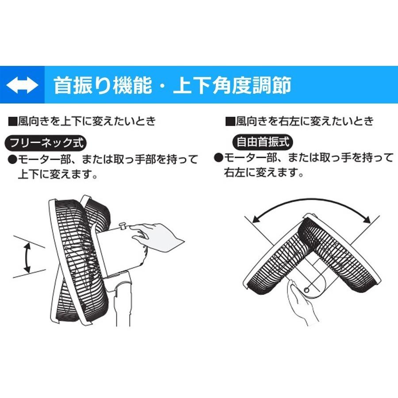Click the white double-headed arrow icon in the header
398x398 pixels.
22,85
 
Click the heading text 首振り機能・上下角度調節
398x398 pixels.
172,85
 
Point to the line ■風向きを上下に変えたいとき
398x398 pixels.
82,121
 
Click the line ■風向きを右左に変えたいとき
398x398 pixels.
299,121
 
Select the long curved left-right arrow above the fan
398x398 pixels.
311,208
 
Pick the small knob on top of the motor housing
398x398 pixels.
124,226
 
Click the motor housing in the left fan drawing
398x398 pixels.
119,250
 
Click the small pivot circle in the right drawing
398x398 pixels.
306,290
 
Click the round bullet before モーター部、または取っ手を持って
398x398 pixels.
218,157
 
